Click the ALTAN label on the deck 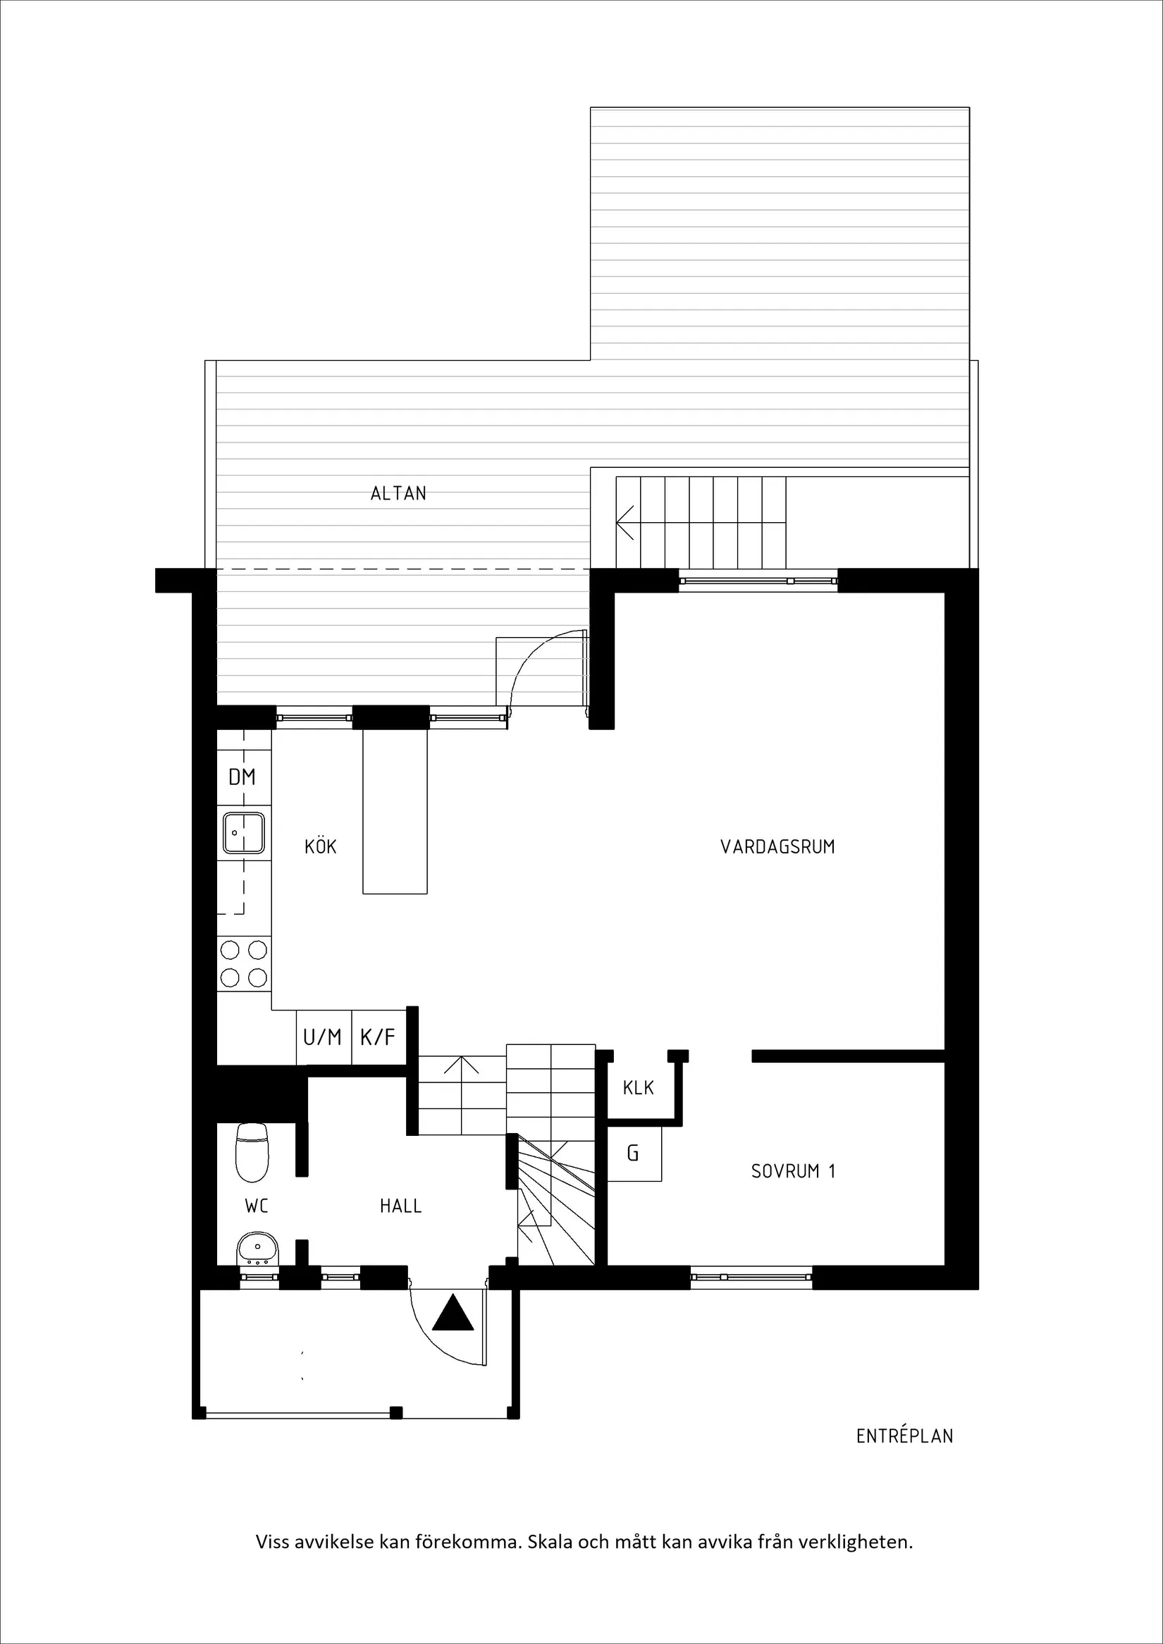pos(398,493)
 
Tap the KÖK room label pos(320,846)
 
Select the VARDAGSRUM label pos(777,846)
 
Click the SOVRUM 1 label pos(793,1170)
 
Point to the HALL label pos(400,1206)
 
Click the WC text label pos(257,1206)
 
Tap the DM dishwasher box pos(242,777)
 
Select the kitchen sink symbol pos(243,833)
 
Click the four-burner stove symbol pos(243,963)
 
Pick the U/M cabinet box pos(323,1036)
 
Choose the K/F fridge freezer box pos(378,1036)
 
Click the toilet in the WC pos(252,1151)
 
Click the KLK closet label pos(638,1088)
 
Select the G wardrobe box pos(634,1154)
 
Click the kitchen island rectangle pos(395,811)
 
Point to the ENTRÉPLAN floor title pos(904,1436)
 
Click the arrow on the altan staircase pos(625,522)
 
